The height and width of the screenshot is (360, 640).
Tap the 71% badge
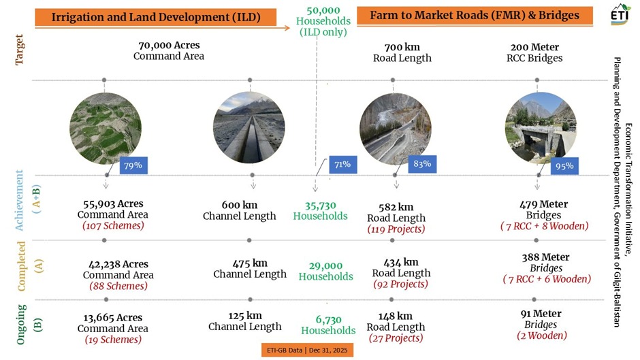point(342,165)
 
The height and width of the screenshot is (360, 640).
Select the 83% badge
point(421,164)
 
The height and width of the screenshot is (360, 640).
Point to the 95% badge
point(564,166)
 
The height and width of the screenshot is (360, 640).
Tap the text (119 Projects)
point(396,229)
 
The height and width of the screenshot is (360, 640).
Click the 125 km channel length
point(244,315)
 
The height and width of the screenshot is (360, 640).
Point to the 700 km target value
point(402,47)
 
